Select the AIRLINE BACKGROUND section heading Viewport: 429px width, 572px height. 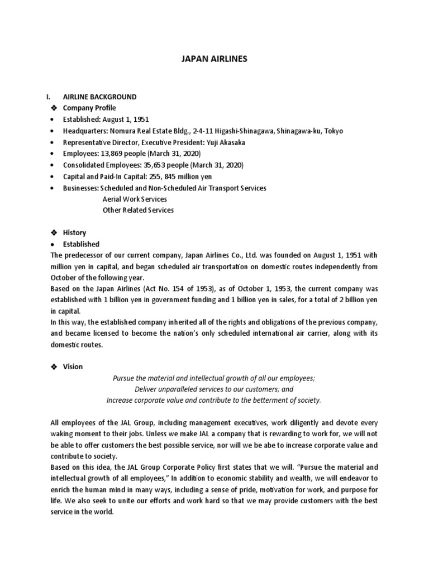click(99, 97)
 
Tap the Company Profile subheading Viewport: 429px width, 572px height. click(89, 108)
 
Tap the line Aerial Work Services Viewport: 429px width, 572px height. click(135, 199)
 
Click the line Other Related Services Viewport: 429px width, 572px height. click(138, 211)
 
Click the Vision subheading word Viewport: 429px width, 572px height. click(73, 366)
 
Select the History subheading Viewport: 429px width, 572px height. click(74, 232)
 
